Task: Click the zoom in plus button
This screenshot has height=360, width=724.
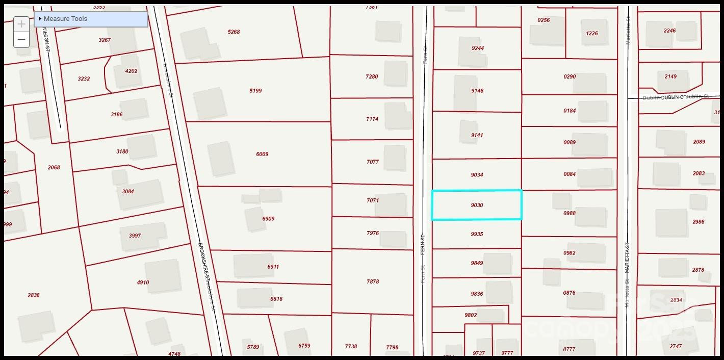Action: (21, 24)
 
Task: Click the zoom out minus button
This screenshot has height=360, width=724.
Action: (21, 39)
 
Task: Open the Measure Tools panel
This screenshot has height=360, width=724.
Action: (65, 19)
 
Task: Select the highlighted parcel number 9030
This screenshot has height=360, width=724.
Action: (477, 205)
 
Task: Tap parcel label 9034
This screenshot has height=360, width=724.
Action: (477, 175)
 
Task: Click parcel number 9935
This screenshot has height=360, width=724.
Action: (477, 235)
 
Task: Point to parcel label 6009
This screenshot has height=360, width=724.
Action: (262, 154)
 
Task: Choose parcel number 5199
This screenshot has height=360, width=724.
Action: (255, 91)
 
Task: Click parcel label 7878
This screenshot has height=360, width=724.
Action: (373, 281)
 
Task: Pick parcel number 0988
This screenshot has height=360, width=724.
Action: (570, 213)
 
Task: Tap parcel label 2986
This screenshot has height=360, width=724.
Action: (698, 222)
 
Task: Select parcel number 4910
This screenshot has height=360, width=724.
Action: (143, 282)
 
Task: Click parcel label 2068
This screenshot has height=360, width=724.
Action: (54, 168)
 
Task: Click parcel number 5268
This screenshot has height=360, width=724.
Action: (234, 32)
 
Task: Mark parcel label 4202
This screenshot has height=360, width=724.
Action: (131, 71)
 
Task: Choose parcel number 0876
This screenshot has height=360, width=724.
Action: (570, 293)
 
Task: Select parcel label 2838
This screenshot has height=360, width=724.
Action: (34, 295)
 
